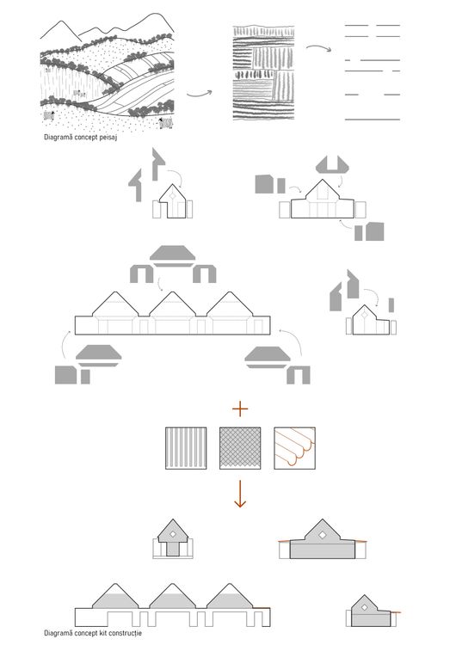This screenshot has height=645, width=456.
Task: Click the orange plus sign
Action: point(240,408)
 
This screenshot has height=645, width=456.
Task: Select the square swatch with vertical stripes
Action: point(186,448)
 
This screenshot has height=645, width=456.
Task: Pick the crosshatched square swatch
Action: point(240,448)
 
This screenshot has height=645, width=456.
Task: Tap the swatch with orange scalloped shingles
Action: point(294,448)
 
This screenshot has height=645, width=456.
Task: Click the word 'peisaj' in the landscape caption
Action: point(108,138)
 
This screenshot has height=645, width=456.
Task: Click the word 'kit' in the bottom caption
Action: point(95,633)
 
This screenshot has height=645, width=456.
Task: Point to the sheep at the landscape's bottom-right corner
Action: point(166,122)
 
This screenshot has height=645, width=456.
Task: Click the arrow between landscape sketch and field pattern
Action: point(200,95)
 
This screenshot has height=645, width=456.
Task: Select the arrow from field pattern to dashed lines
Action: point(318,47)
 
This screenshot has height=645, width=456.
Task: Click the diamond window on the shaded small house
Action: point(173,534)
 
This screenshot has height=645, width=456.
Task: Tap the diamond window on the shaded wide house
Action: point(323,535)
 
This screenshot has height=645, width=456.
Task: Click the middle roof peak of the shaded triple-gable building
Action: point(172,584)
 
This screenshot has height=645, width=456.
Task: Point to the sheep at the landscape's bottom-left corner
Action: point(49,115)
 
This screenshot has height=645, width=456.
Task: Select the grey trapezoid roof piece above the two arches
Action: point(172,255)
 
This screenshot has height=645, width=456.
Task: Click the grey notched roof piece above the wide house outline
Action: point(332,163)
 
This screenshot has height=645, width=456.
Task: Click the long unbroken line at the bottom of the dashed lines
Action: point(373,120)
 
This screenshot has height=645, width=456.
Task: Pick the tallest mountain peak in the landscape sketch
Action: point(156,14)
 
